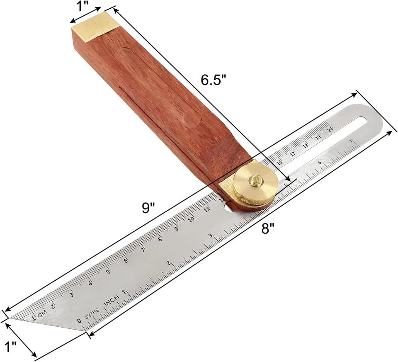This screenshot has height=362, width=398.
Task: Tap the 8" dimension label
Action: click(x=268, y=228)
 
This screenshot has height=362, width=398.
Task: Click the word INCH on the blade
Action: click(x=112, y=301)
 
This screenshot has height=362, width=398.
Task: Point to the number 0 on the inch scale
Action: click(x=80, y=321)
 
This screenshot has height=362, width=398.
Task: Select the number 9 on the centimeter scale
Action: click(x=176, y=228)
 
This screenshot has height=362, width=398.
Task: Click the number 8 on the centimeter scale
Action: click(x=160, y=239)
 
